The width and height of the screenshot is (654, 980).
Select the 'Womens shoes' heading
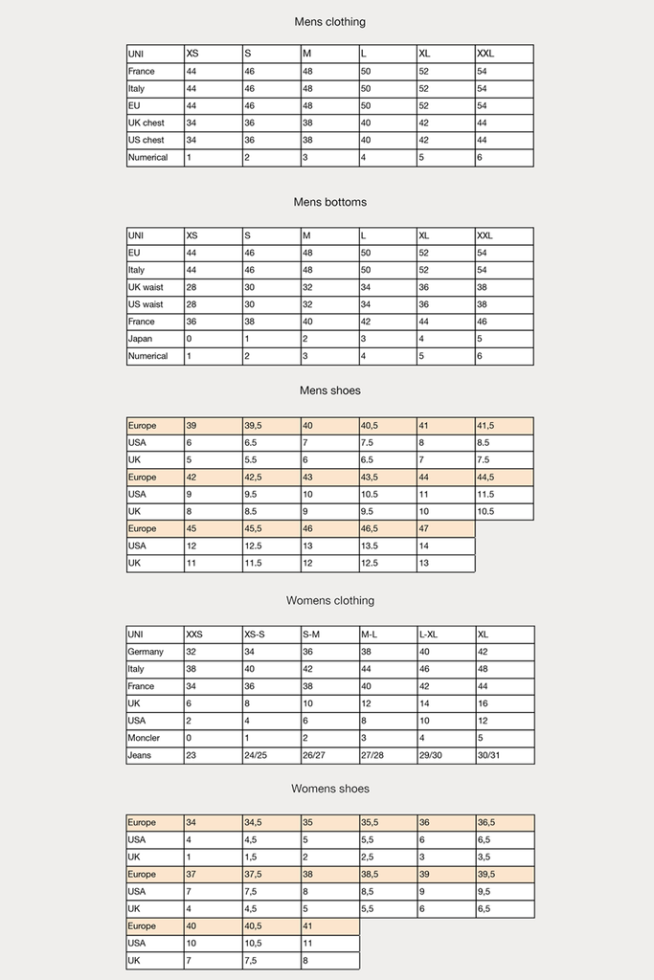tap(329, 789)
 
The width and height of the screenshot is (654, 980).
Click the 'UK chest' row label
tap(147, 123)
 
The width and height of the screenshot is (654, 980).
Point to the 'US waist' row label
tap(146, 304)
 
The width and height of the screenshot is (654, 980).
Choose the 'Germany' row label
tap(146, 652)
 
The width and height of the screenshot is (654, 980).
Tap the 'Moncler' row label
tap(144, 738)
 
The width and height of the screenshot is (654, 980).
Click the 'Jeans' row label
tap(140, 755)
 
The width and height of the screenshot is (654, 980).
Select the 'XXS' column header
tap(194, 635)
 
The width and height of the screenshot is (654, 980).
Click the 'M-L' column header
tap(372, 635)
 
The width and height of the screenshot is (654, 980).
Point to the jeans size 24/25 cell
tap(258, 755)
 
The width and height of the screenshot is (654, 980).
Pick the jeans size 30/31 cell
tap(489, 755)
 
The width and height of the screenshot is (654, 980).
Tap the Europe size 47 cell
tap(424, 528)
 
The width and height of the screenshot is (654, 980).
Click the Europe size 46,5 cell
tap(371, 528)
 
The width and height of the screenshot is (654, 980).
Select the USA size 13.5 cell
tap(372, 546)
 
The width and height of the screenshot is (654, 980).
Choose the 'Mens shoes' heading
tap(329, 390)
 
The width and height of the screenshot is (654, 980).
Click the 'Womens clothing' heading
tap(329, 600)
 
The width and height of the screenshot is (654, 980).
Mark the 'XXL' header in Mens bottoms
tap(486, 235)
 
